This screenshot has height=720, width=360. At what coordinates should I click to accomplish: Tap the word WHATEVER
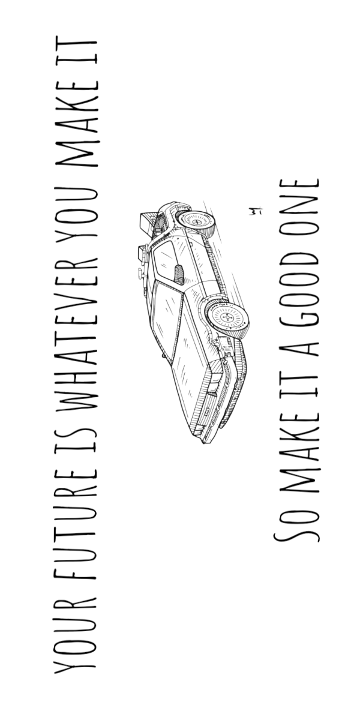(76, 334)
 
